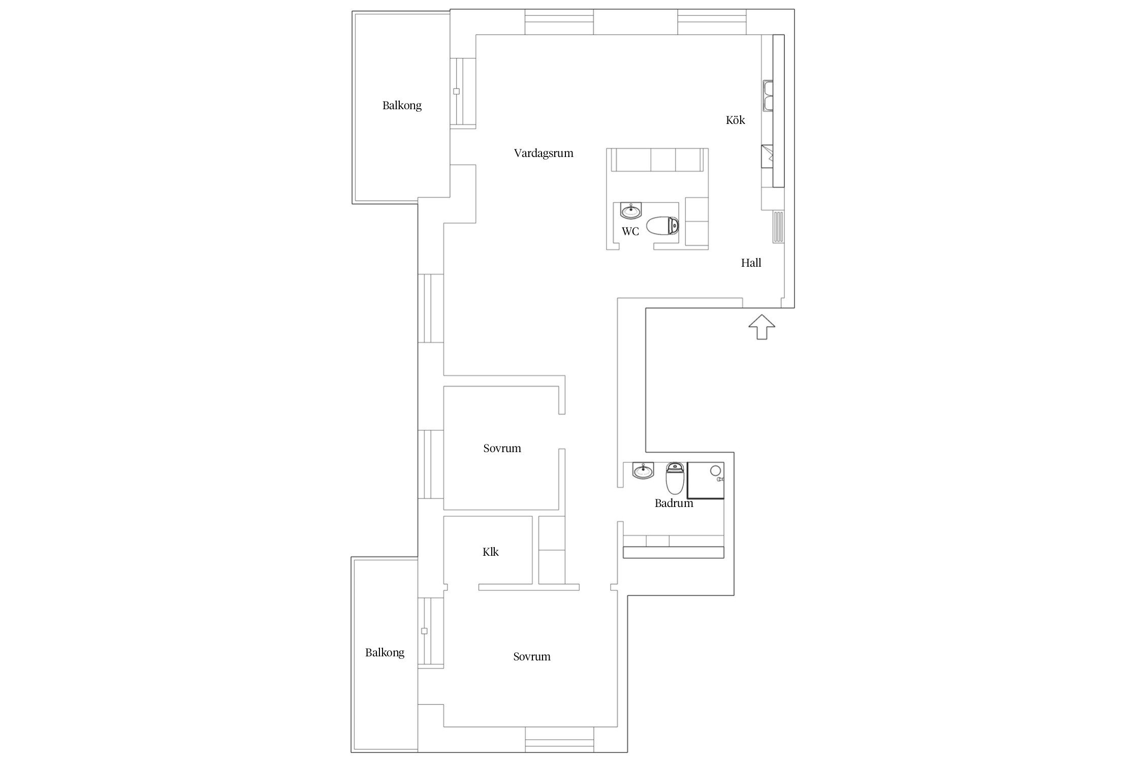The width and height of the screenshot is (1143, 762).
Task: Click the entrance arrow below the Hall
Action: click(x=761, y=327)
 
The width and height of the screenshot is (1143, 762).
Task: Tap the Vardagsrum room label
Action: click(x=544, y=153)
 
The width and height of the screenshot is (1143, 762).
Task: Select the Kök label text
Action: click(x=735, y=120)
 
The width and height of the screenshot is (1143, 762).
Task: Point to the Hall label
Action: click(x=751, y=263)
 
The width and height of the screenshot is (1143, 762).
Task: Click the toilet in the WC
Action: click(x=662, y=226)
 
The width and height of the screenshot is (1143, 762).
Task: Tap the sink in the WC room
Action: click(x=631, y=209)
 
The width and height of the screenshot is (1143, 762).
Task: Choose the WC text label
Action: click(x=630, y=231)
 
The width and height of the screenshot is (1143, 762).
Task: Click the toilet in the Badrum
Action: click(x=675, y=479)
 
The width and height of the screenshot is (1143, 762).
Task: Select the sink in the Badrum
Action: click(x=643, y=470)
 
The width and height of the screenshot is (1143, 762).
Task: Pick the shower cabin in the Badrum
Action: click(x=706, y=480)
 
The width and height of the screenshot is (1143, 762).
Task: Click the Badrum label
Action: click(x=674, y=503)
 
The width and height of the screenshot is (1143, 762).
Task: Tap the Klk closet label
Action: click(x=490, y=552)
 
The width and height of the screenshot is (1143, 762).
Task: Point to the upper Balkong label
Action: click(x=402, y=106)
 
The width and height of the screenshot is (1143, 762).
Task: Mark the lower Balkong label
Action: click(x=385, y=653)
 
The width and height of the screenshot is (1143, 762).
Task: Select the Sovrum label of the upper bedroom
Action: click(x=502, y=448)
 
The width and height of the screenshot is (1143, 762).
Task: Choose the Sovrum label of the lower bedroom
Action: click(x=531, y=656)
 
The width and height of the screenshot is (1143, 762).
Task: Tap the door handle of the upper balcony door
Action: click(x=456, y=91)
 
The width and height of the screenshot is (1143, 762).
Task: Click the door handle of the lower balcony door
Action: click(x=424, y=631)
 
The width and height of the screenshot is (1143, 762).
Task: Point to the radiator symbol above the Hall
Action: click(x=779, y=227)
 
